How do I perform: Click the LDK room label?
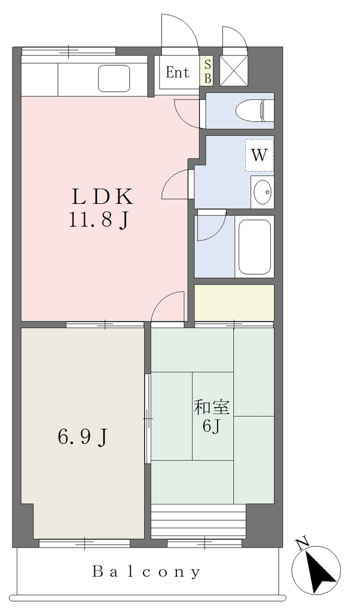tap(102, 197)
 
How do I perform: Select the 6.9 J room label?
tap(83, 437)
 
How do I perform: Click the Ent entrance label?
tap(177, 72)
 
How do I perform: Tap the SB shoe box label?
tap(208, 71)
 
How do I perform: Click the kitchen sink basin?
tap(114, 78)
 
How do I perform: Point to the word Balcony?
tap(147, 572)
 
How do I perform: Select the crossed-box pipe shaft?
tap(234, 71)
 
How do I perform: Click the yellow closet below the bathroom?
tap(234, 302)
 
